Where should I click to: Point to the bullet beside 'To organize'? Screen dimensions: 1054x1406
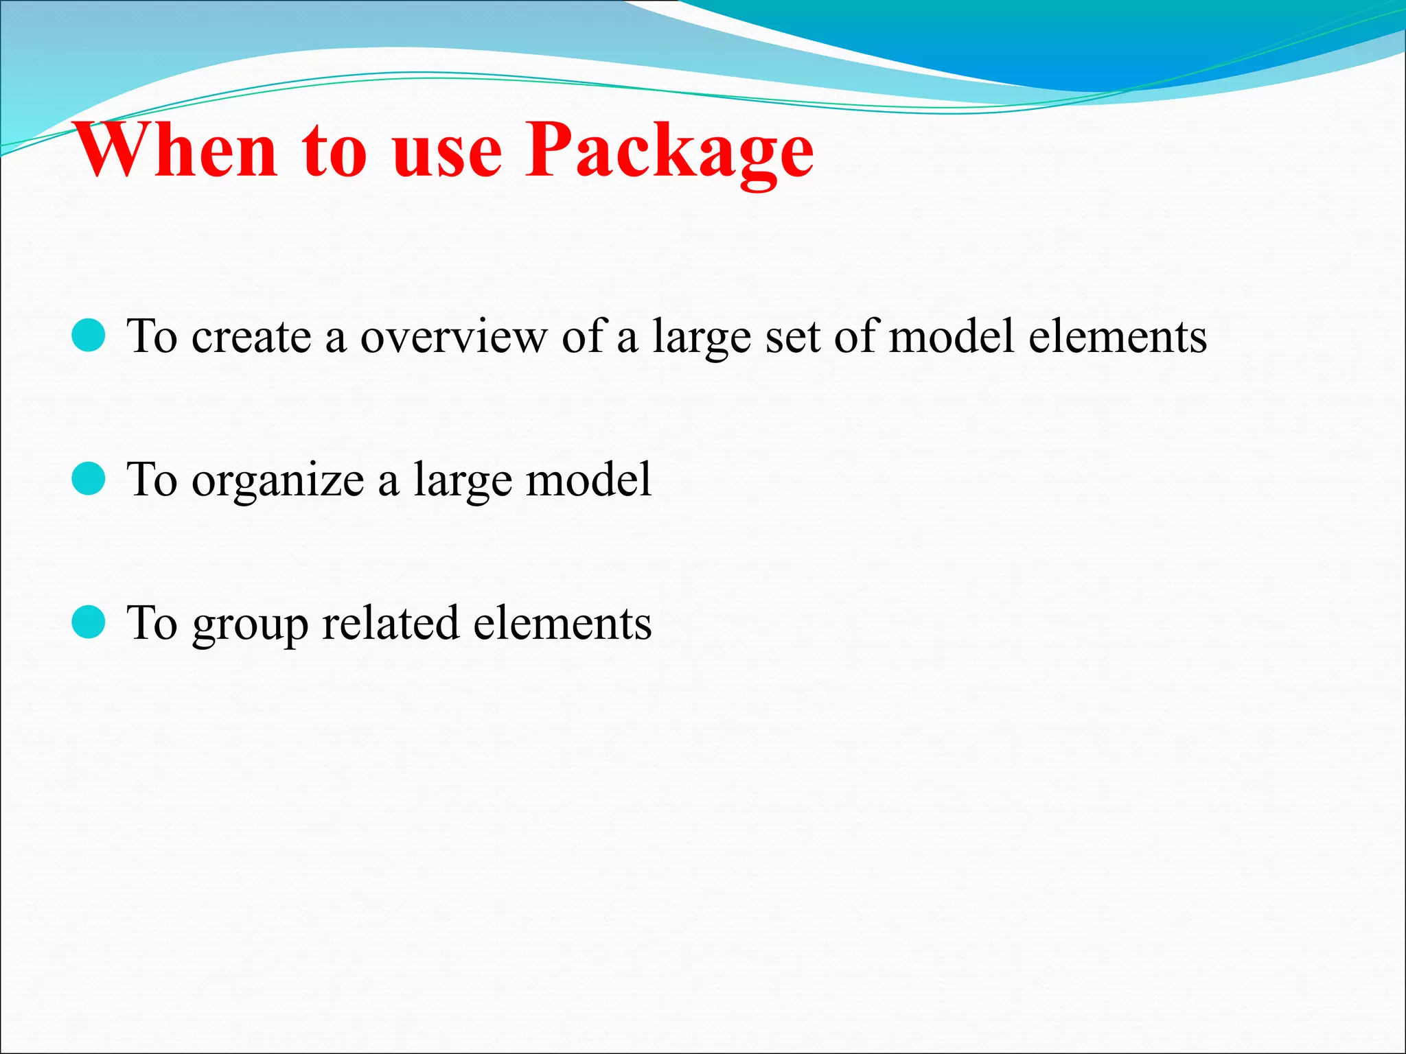pos(89,478)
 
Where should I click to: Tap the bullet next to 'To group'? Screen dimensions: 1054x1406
pos(89,622)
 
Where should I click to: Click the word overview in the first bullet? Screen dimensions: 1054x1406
pos(454,337)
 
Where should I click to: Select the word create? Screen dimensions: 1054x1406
pos(251,337)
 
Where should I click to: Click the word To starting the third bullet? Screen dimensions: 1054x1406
pos(152,622)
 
